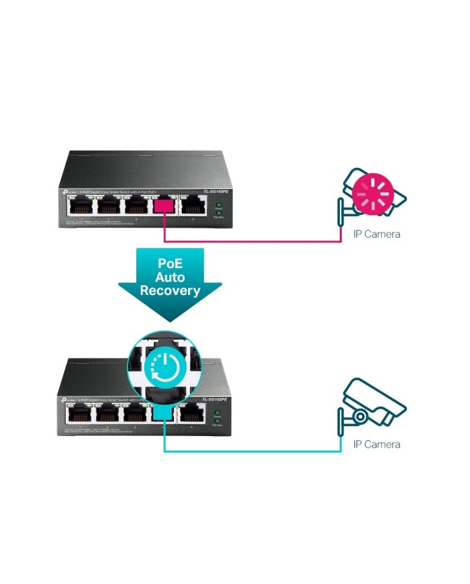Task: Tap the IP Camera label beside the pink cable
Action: click(x=377, y=235)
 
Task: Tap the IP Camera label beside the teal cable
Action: click(x=377, y=444)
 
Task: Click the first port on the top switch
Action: click(x=79, y=208)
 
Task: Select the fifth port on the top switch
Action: click(x=193, y=208)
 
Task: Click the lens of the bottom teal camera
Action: click(x=361, y=417)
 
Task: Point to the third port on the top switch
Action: click(x=136, y=208)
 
